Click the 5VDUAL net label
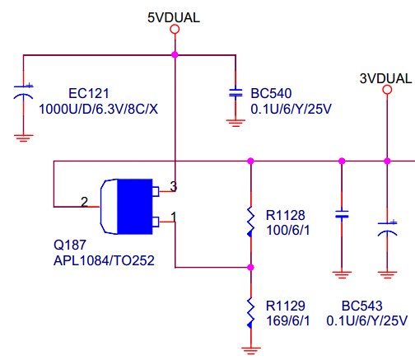tap(174, 17)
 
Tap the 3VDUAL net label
tap(385, 78)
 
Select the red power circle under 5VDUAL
tap(175, 29)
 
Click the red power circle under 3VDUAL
tap(387, 90)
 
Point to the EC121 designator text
tap(89, 93)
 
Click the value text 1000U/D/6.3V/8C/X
tap(99, 109)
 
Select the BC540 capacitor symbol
tap(235, 93)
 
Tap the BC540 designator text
tap(271, 93)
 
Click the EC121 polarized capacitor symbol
tap(23, 91)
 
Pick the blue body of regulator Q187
tap(135, 207)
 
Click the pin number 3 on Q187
tap(174, 186)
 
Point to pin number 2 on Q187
tap(85, 202)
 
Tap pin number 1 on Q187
tap(174, 217)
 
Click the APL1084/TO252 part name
tap(104, 260)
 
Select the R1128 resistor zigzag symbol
tap(250, 222)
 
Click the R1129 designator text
tap(286, 306)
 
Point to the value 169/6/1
tap(288, 320)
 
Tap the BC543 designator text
tap(362, 306)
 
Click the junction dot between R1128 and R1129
tap(250, 267)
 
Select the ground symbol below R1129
tap(251, 351)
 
